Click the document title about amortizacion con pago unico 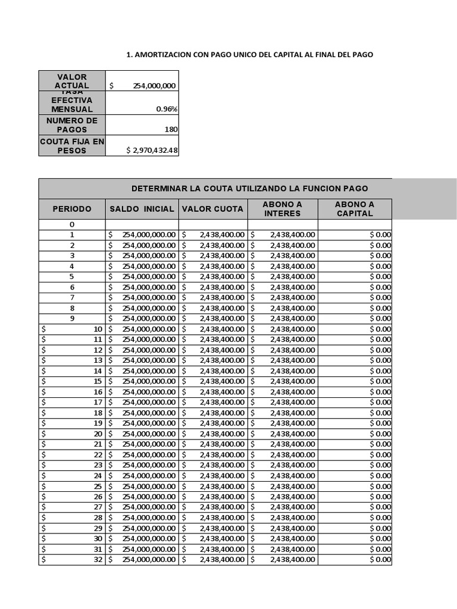tap(250, 54)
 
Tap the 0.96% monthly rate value tap(167, 109)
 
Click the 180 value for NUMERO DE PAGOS tap(170, 130)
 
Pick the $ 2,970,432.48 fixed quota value tap(152, 150)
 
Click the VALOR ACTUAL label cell tap(72, 81)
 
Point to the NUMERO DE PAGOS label tap(72, 125)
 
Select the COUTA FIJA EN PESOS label tap(72, 146)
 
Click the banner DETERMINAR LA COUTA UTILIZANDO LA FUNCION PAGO tap(249, 189)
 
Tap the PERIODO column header tap(72, 209)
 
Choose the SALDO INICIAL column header tap(142, 209)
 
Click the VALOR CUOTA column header tap(212, 209)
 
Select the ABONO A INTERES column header tap(282, 209)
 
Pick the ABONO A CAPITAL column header tap(354, 209)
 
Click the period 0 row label tap(72, 224)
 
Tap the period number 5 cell tap(72, 277)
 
